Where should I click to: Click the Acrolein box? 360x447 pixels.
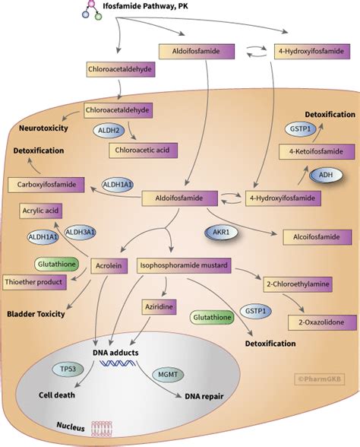click(106, 267)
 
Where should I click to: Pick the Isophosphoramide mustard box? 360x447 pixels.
click(185, 267)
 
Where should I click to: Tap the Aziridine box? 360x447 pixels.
click(158, 307)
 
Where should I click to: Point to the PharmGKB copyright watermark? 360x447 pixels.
click(317, 376)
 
